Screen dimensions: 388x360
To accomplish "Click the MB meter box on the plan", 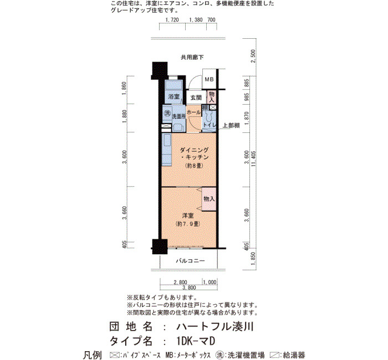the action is click(209, 79).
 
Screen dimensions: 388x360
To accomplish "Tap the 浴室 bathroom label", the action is click(173, 96).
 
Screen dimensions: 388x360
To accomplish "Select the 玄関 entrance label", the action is click(196, 97).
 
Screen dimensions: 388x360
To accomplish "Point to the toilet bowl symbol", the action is click(207, 116).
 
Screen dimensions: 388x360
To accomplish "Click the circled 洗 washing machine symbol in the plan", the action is click(167, 114).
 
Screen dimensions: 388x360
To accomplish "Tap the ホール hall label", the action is click(194, 112).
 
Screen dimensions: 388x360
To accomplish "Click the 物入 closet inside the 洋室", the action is click(209, 199).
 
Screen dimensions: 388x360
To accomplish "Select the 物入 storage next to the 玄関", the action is click(211, 97).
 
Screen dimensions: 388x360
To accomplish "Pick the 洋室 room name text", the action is click(188, 215).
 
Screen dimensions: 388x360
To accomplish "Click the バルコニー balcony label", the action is click(191, 261).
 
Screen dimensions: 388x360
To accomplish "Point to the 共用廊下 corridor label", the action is click(192, 58).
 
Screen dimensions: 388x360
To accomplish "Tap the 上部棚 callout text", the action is click(231, 125).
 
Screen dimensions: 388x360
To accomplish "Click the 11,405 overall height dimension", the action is click(254, 159).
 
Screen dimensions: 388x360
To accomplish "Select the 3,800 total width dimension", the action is click(189, 287).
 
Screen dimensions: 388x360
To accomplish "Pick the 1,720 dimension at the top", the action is click(172, 20).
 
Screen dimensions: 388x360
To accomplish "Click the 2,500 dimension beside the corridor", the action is click(253, 56).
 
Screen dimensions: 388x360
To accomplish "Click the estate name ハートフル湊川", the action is click(215, 327).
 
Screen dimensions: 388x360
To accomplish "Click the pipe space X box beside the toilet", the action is click(212, 107).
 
